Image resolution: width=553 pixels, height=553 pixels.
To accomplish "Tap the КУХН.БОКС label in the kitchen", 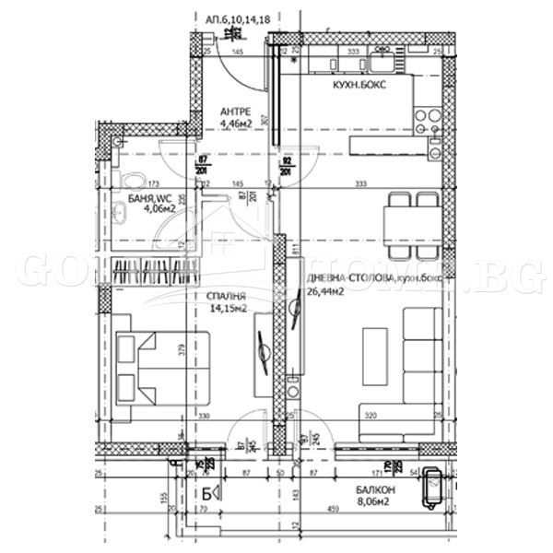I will click(359, 84).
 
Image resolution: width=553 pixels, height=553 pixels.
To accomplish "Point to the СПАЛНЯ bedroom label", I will click(226, 298).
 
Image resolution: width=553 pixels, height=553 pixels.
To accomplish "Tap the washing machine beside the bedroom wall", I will click(292, 390).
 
